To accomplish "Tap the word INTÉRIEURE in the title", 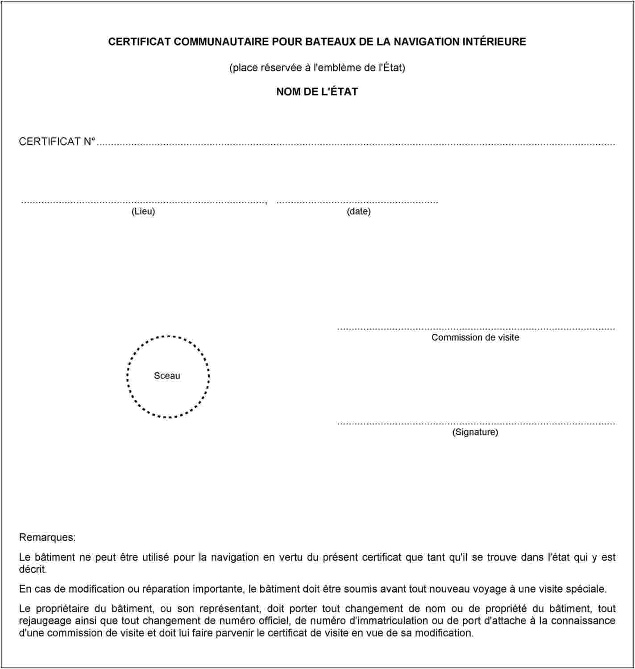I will tap(494, 42).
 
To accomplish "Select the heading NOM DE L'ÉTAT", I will tap(317, 92).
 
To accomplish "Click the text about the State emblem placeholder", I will tap(317, 68).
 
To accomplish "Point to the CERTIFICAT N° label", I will tap(57, 142).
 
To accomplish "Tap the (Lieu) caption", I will tap(143, 212).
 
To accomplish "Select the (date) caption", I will tap(358, 212).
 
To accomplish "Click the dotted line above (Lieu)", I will tap(143, 202).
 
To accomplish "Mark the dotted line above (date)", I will tap(357, 202).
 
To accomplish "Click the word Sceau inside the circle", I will tap(167, 376).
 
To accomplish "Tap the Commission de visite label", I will tap(475, 337).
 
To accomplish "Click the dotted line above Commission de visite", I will tap(476, 329).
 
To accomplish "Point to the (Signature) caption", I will tap(475, 432).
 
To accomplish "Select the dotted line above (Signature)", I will tap(476, 423).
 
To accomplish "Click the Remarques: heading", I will tap(47, 537).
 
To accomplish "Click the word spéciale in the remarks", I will tap(586, 589).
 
